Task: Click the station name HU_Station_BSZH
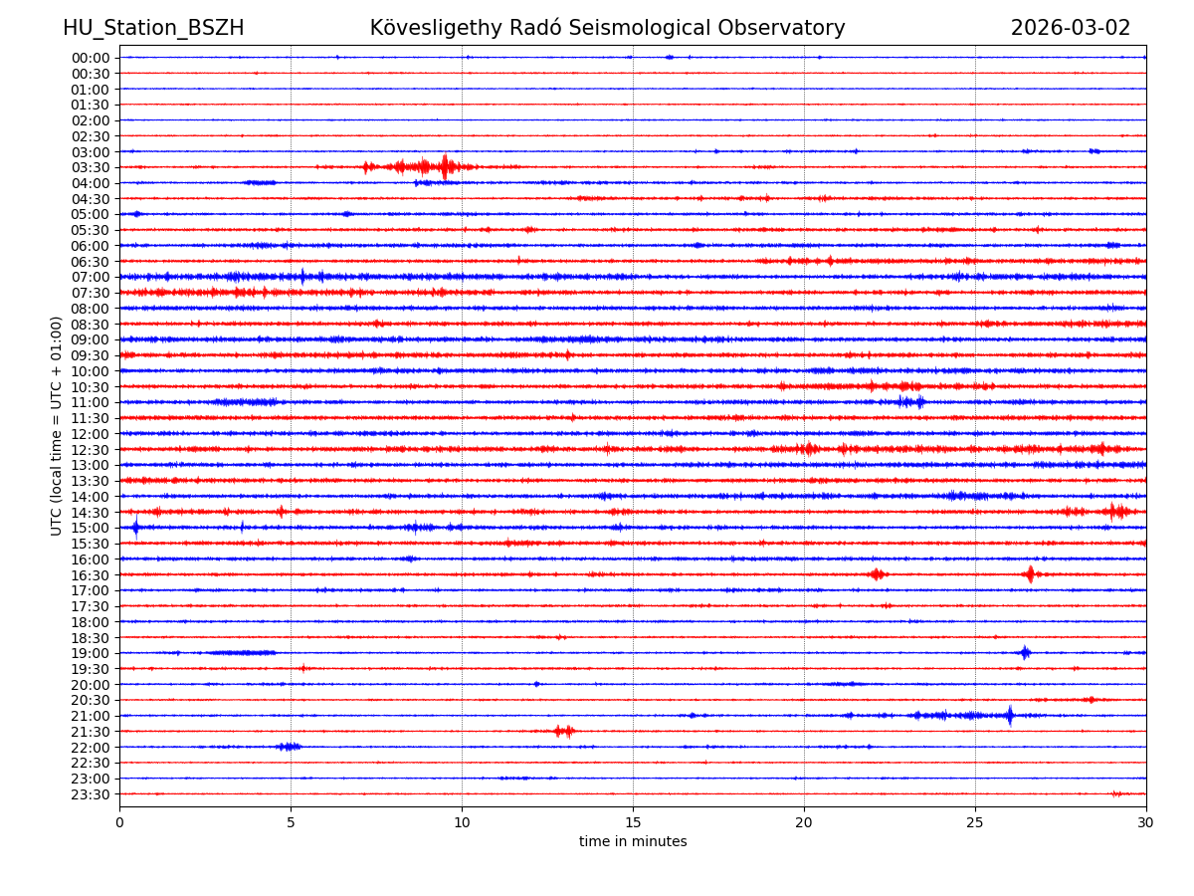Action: [x=153, y=28]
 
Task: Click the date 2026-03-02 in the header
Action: [x=1071, y=28]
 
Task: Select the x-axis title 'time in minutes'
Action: [x=633, y=842]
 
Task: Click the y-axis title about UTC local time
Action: [x=57, y=426]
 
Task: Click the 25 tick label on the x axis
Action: [x=975, y=823]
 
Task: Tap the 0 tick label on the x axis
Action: [x=119, y=823]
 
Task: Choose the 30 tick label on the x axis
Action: [x=1146, y=823]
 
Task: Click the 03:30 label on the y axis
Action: [x=91, y=167]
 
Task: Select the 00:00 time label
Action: [x=91, y=58]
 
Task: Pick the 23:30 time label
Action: [x=91, y=794]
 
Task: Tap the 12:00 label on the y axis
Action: [x=91, y=434]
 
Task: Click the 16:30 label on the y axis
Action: [x=91, y=575]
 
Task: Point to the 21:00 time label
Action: [x=91, y=716]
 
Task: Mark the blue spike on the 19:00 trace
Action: [x=1025, y=653]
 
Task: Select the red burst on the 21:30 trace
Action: [x=564, y=731]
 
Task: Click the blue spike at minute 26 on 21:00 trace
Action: [x=1010, y=715]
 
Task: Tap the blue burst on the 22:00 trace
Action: [x=289, y=747]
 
